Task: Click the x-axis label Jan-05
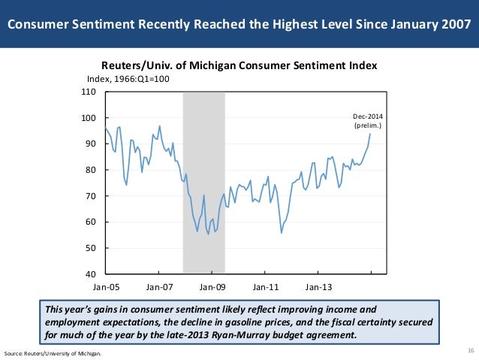[x=105, y=286]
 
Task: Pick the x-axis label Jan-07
[x=159, y=286]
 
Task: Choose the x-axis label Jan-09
[x=212, y=286]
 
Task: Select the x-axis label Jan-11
[x=266, y=286]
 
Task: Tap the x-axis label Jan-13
[x=320, y=286]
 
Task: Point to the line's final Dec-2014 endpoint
[x=370, y=135]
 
